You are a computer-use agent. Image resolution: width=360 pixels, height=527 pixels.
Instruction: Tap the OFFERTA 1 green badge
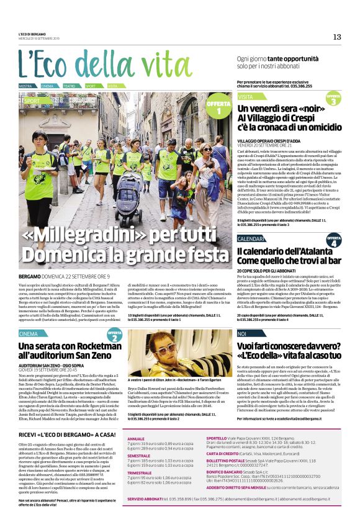click(x=218, y=107)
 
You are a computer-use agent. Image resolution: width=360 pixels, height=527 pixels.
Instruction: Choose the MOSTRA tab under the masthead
click(x=25, y=86)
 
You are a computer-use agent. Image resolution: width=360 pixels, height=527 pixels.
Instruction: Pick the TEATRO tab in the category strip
click(x=70, y=86)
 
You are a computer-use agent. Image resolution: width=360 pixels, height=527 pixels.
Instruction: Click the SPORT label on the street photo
click(x=31, y=100)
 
